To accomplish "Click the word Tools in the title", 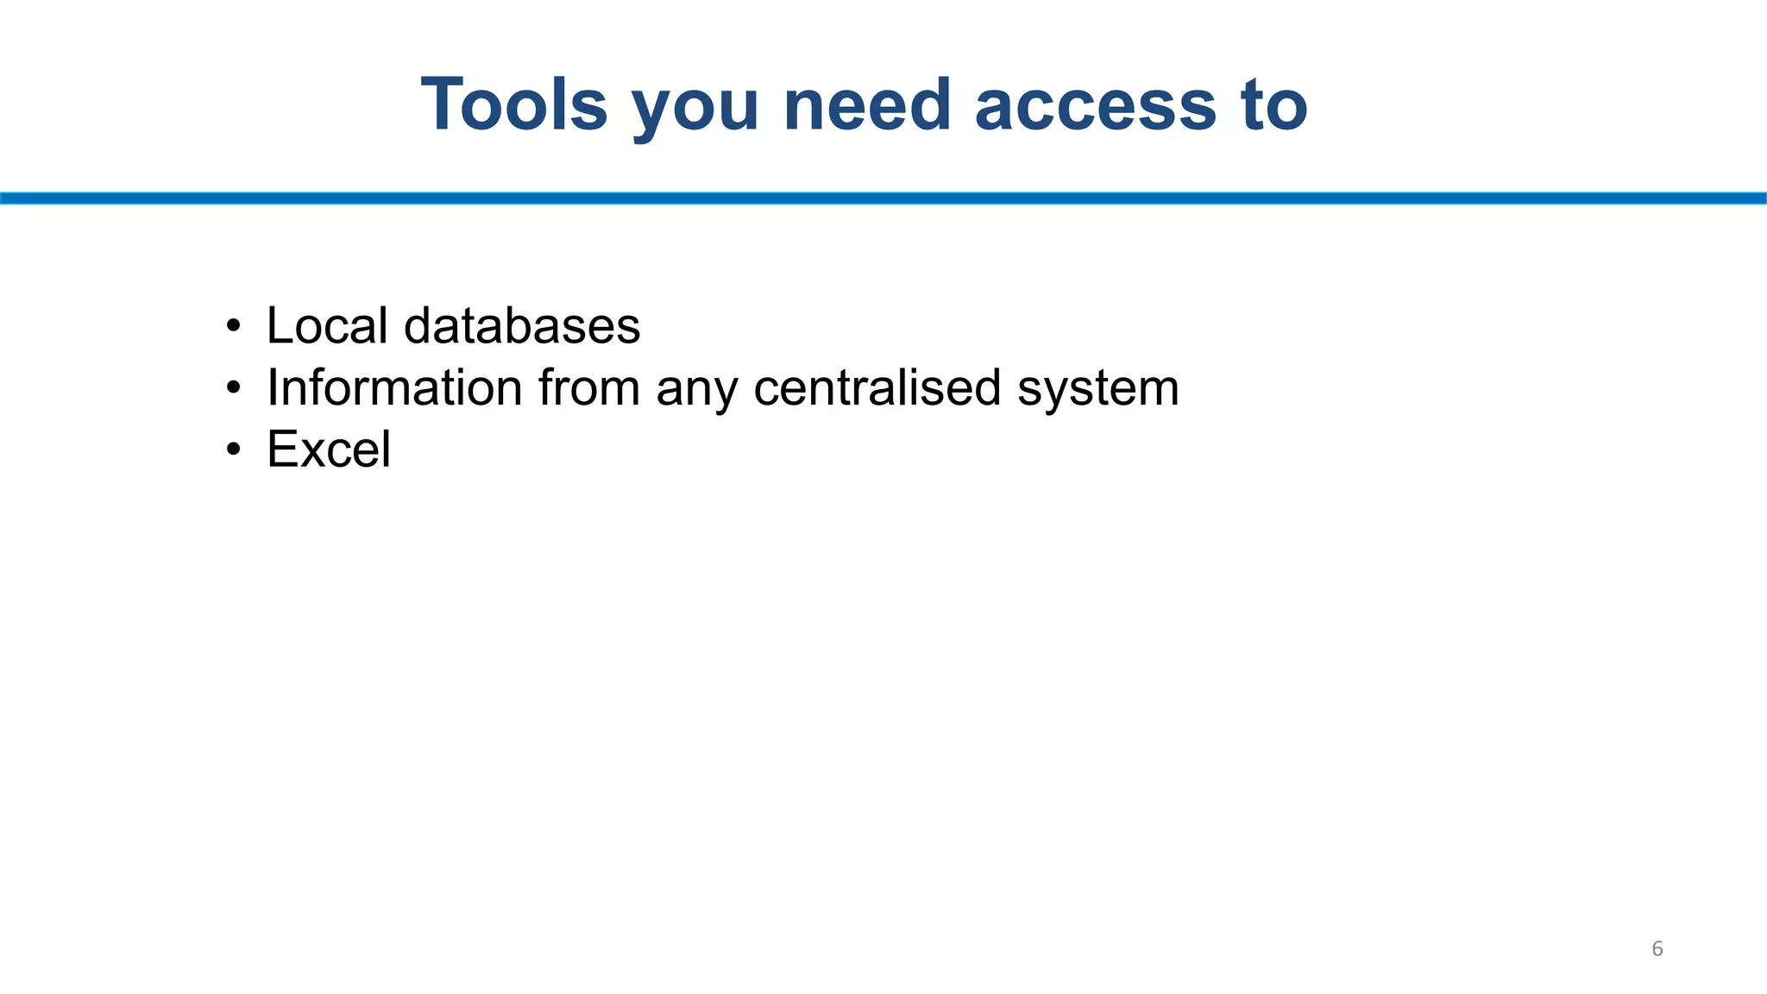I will [x=514, y=104].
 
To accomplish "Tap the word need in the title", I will [x=866, y=104].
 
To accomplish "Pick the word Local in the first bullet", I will [x=327, y=325].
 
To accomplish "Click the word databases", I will [x=522, y=325].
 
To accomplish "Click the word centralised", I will [x=877, y=387].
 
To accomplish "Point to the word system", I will [x=1097, y=390].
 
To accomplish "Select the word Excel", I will [x=329, y=450].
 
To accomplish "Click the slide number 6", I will [x=1657, y=949].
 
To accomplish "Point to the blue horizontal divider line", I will [x=883, y=198].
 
